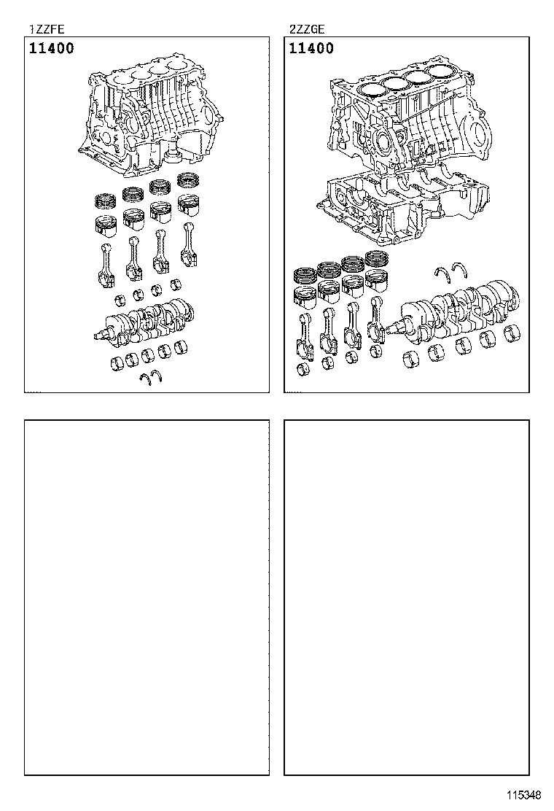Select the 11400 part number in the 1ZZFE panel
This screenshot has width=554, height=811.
(52, 49)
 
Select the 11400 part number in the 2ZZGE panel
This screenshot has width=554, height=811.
(311, 49)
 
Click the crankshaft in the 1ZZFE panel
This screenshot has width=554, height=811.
(145, 321)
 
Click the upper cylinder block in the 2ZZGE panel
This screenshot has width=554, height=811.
(408, 120)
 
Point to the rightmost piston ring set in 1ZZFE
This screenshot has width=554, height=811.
(190, 182)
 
